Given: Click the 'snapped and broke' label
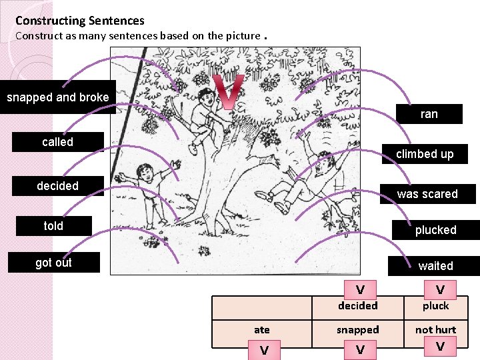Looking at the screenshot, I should (58, 97).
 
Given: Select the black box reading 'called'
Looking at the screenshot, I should (58, 142).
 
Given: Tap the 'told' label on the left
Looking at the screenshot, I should (53, 226).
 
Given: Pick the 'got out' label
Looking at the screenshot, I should (53, 263).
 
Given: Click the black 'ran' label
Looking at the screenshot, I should (429, 114).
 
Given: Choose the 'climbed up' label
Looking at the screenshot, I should (424, 154).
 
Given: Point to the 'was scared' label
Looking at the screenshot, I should (427, 194).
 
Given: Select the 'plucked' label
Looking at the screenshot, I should (435, 230).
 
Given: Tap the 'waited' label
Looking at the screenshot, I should (435, 266).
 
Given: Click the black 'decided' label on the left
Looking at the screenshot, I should (58, 186).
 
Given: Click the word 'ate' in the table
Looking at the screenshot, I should (262, 330).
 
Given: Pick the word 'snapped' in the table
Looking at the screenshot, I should (358, 330).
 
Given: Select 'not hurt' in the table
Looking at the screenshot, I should (435, 330).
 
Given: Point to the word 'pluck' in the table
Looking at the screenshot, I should (435, 306).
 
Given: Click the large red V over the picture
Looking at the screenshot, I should (227, 92).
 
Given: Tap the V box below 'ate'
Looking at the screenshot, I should (264, 350).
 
